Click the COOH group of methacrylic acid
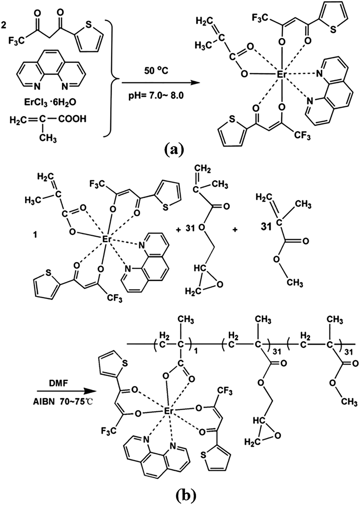tap(72, 119)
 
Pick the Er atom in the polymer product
tap(168, 411)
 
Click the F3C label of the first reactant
tap(16, 41)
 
